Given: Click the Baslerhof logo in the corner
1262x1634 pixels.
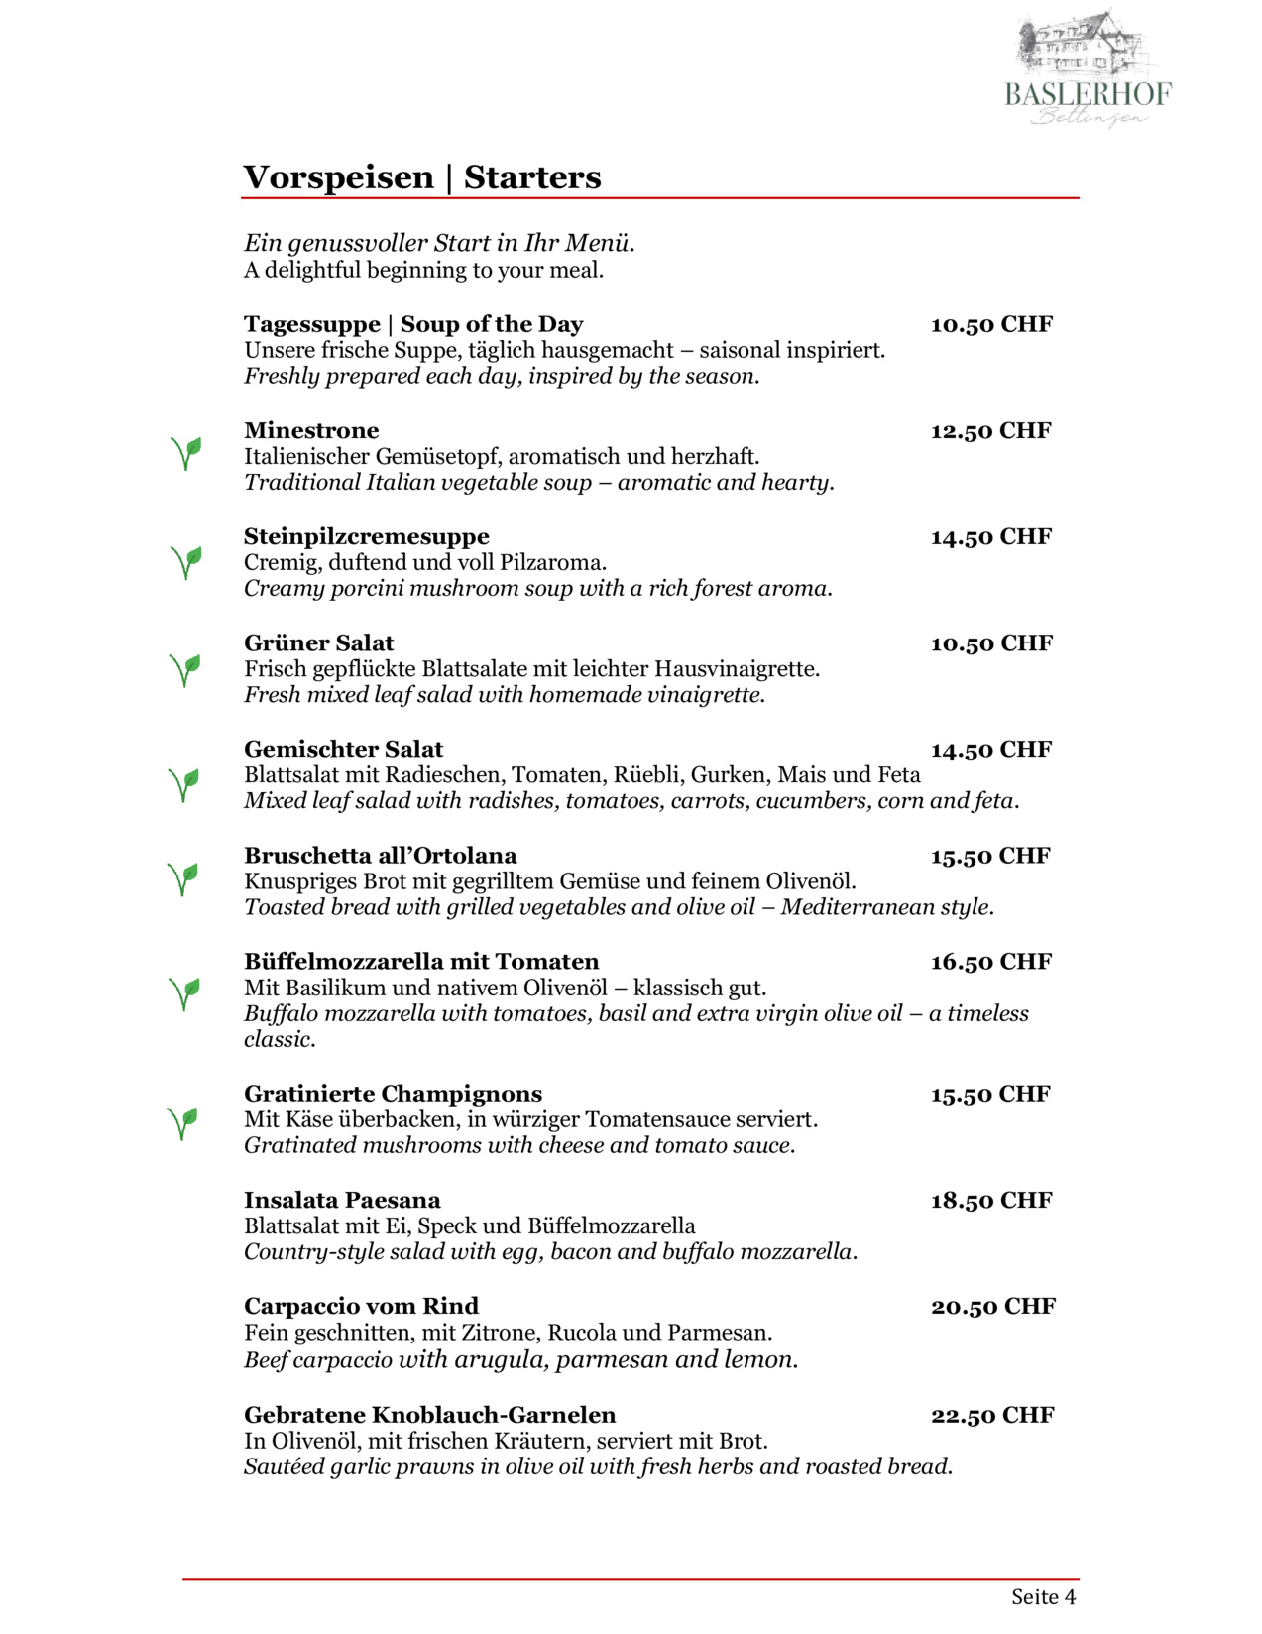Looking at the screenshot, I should point(1088,69).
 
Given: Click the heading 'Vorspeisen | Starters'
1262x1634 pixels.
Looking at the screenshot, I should point(422,177).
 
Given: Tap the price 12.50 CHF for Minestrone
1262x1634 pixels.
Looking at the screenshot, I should point(990,431).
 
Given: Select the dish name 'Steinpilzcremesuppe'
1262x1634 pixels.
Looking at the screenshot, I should point(367,536).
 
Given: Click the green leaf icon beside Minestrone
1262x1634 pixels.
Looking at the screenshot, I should point(185,453).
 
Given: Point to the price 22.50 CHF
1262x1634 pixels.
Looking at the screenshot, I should point(992,1416).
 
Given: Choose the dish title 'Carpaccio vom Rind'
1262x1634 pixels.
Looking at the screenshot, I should point(361,1306).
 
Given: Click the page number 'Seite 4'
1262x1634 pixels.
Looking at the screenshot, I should point(1043,1596).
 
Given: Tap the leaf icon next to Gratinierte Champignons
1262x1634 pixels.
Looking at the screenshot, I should point(183,1122).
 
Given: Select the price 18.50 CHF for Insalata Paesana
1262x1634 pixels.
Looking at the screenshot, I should point(989,1201).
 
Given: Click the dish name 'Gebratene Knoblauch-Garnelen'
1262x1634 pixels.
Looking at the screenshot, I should point(429,1415).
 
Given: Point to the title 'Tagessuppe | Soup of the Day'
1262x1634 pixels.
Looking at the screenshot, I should point(413,324).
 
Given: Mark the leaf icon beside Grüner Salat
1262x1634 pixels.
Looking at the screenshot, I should point(185,669).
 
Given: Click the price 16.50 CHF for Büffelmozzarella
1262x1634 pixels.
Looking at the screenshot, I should point(990,962).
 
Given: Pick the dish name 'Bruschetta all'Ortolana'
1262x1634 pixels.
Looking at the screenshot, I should point(380,856).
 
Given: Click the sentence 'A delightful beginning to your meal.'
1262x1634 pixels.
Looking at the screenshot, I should point(423,270).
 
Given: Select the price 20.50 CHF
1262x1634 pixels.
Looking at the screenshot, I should point(992,1307).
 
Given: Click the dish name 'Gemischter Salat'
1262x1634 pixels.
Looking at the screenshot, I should point(343,750).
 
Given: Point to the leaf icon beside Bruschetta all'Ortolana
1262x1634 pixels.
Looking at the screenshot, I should point(183,877).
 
